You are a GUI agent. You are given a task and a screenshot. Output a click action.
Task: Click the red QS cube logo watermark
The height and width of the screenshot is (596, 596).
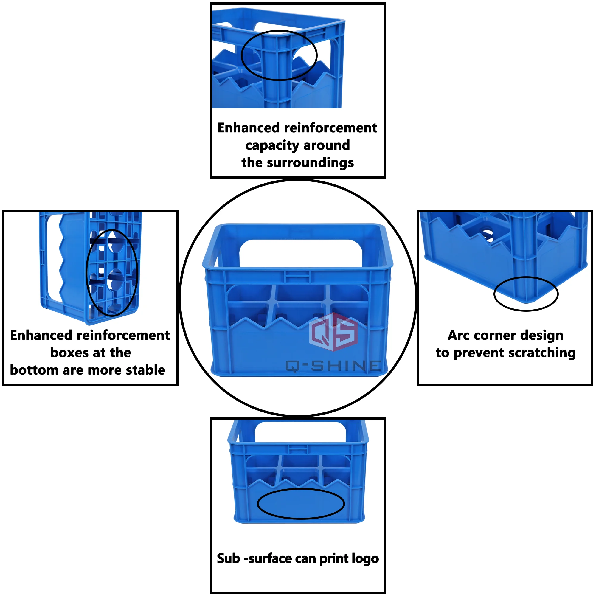[x=333, y=332]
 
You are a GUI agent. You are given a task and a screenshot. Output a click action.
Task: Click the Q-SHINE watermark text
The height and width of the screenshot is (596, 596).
[x=333, y=366]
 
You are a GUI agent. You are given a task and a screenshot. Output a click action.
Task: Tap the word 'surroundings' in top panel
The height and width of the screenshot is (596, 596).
[x=310, y=163]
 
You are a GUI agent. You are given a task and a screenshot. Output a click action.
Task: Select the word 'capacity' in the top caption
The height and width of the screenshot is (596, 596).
[x=271, y=146]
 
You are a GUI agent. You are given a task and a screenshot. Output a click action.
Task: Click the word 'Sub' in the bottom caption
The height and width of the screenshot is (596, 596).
[x=228, y=559]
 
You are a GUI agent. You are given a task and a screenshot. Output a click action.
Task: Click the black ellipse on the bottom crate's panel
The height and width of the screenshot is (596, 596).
[x=301, y=504]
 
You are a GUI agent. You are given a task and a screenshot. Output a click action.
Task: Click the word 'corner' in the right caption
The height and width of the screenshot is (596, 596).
[x=499, y=335]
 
